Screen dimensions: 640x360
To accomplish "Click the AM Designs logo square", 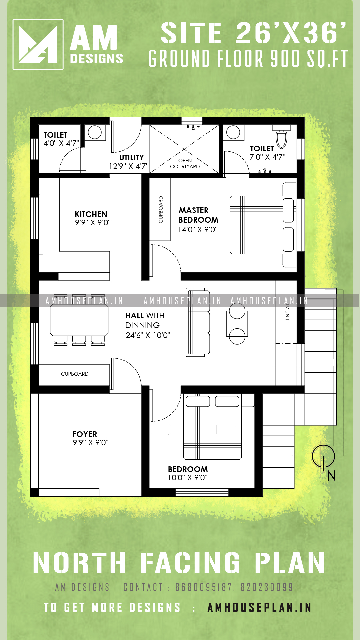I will coord(38,44).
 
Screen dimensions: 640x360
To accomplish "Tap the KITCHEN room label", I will coord(91,214).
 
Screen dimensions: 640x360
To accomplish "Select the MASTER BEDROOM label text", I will coord(198,215).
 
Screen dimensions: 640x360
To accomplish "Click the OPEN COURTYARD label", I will coord(185,163).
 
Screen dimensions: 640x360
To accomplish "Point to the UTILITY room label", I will coord(132,157).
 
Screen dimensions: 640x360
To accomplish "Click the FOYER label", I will coord(85,434).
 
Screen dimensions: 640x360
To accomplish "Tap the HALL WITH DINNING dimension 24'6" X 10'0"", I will coord(148,335).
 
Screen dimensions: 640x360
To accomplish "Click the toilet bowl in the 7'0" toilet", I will coord(282,139).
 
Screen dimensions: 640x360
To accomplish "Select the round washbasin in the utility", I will coord(95,132).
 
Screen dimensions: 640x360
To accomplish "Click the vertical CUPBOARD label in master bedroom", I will coord(161,210).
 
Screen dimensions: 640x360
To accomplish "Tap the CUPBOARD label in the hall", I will coord(75,374).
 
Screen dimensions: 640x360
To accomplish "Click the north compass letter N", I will coord(331,476).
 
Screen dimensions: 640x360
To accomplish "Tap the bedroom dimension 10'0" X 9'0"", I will coord(187,478).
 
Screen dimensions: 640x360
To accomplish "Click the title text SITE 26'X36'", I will coord(253,33).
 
